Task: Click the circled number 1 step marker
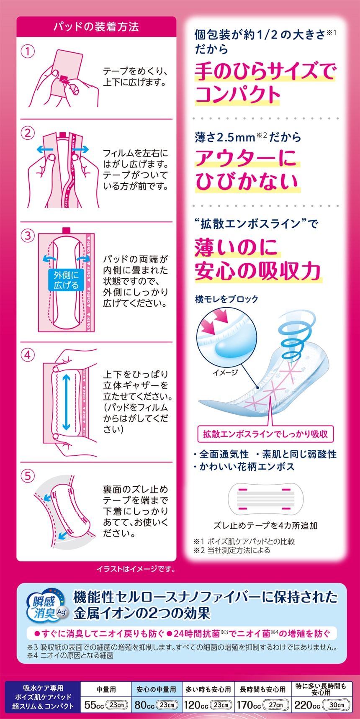click(28, 52)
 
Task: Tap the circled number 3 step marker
click(28, 235)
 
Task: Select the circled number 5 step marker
click(28, 476)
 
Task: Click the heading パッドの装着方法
click(96, 27)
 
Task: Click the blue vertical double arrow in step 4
click(66, 402)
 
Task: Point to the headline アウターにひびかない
click(247, 169)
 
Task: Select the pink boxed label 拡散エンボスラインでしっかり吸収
click(265, 434)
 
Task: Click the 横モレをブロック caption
click(226, 299)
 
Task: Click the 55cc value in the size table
click(94, 705)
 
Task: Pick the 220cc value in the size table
click(307, 705)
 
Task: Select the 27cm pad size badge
click(276, 705)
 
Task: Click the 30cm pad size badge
click(336, 705)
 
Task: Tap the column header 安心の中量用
click(156, 689)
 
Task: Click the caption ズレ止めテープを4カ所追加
click(265, 526)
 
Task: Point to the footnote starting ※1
click(244, 541)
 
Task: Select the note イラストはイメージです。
click(136, 569)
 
